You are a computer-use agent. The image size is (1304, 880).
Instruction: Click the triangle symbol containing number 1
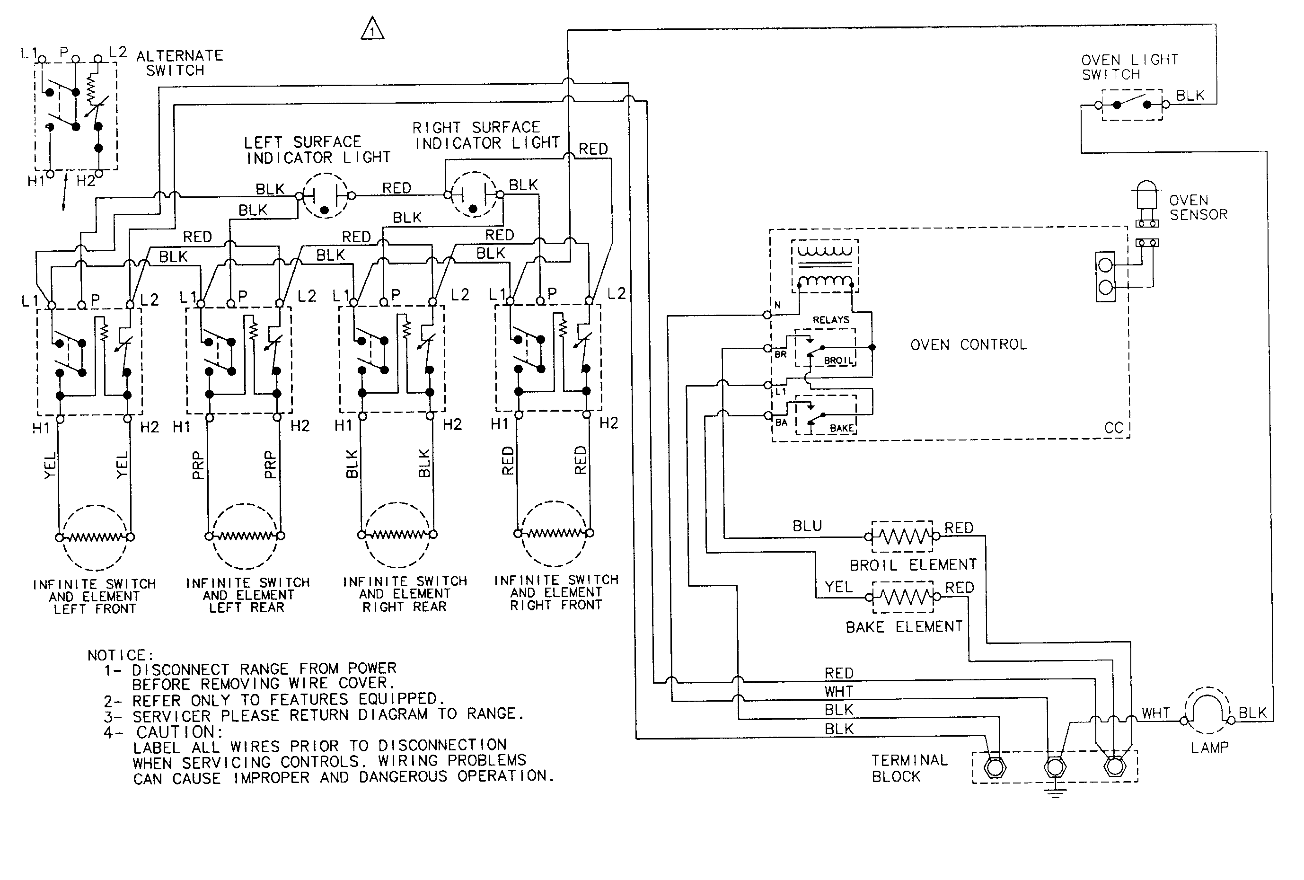tap(372, 29)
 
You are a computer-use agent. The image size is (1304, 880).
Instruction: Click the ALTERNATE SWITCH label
tap(179, 63)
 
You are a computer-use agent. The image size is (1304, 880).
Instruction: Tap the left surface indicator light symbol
tap(325, 196)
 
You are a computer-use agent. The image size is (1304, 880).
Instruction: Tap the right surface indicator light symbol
tap(474, 195)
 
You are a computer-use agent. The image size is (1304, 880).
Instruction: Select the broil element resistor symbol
tap(902, 537)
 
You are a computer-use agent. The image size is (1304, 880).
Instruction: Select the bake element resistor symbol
tap(903, 597)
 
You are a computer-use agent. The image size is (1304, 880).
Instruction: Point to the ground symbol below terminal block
tap(1055, 793)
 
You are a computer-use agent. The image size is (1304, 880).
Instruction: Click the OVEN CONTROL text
tap(969, 344)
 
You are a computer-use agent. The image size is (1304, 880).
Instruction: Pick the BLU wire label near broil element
tap(807, 526)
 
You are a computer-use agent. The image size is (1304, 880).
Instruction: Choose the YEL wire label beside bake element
tap(838, 587)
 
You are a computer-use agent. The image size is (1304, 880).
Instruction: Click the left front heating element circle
tap(95, 537)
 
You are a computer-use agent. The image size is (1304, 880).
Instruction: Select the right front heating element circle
tap(554, 533)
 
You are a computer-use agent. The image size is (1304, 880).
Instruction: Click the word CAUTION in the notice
tap(179, 732)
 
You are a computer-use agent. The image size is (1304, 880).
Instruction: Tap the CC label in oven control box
tap(1113, 428)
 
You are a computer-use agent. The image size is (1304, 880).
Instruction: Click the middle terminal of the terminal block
tap(1054, 766)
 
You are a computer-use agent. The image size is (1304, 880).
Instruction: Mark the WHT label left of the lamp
tap(1156, 713)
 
